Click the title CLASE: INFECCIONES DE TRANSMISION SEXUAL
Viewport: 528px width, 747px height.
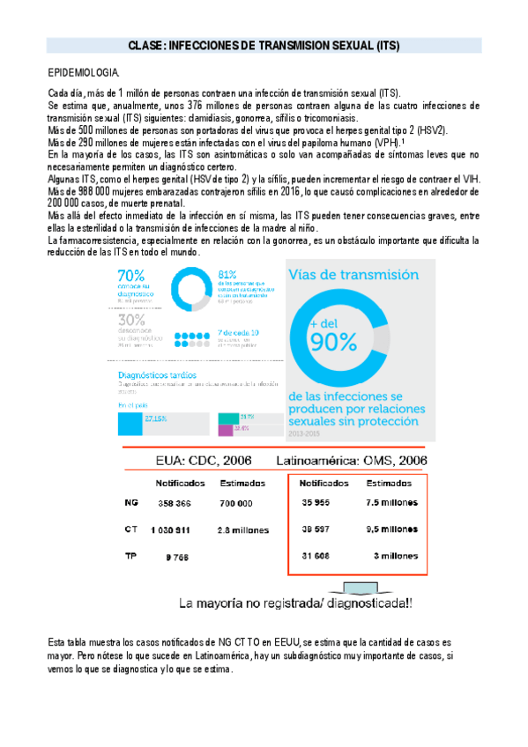point(264,45)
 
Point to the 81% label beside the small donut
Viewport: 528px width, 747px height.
point(227,273)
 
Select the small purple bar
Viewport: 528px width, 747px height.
point(225,430)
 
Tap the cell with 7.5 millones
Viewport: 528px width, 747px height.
point(391,502)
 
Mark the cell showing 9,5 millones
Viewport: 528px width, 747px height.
point(391,529)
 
